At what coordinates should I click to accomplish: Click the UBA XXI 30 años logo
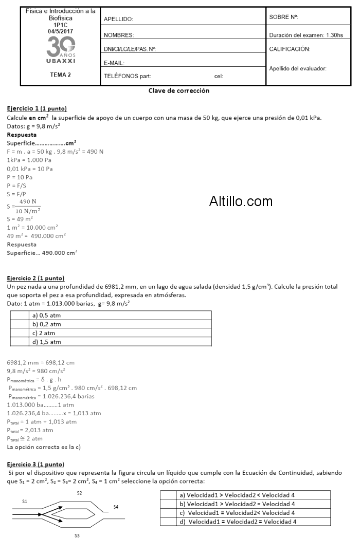(x=60, y=50)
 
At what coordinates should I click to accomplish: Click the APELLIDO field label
(x=118, y=19)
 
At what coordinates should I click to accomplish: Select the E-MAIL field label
(x=114, y=63)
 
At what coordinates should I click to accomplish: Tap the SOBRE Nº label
(x=283, y=17)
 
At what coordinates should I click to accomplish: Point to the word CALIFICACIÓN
(x=290, y=49)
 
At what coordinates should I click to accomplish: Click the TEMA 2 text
(x=60, y=75)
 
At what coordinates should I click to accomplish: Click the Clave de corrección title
(x=178, y=90)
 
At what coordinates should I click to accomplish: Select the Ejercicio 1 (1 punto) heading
(x=37, y=108)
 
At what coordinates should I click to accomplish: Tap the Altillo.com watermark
(x=241, y=201)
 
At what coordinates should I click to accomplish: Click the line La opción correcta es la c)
(x=44, y=447)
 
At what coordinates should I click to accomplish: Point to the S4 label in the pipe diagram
(x=116, y=507)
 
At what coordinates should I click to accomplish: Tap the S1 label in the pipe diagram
(x=25, y=500)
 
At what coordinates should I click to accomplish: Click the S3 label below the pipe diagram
(x=77, y=535)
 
